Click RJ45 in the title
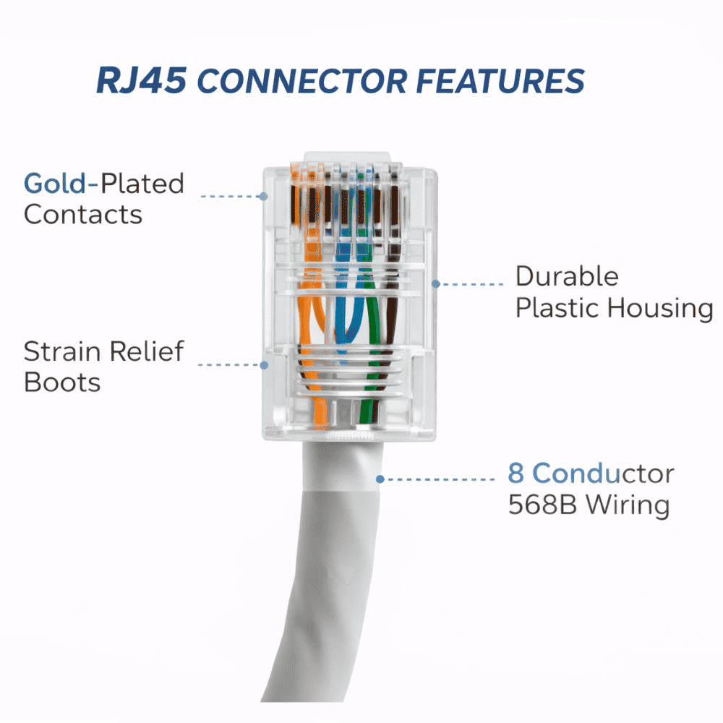click(x=142, y=82)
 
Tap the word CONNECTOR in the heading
click(x=302, y=82)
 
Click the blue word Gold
click(x=54, y=184)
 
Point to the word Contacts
click(x=83, y=215)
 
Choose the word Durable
click(x=567, y=276)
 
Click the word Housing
click(x=659, y=308)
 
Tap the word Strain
click(x=61, y=351)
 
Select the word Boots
click(x=62, y=382)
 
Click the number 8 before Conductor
click(x=516, y=474)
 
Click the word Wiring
click(x=628, y=505)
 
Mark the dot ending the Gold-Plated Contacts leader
click(x=263, y=196)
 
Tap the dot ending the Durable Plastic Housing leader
click(x=436, y=284)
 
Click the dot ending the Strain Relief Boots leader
click(x=264, y=365)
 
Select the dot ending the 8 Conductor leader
click(x=379, y=478)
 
